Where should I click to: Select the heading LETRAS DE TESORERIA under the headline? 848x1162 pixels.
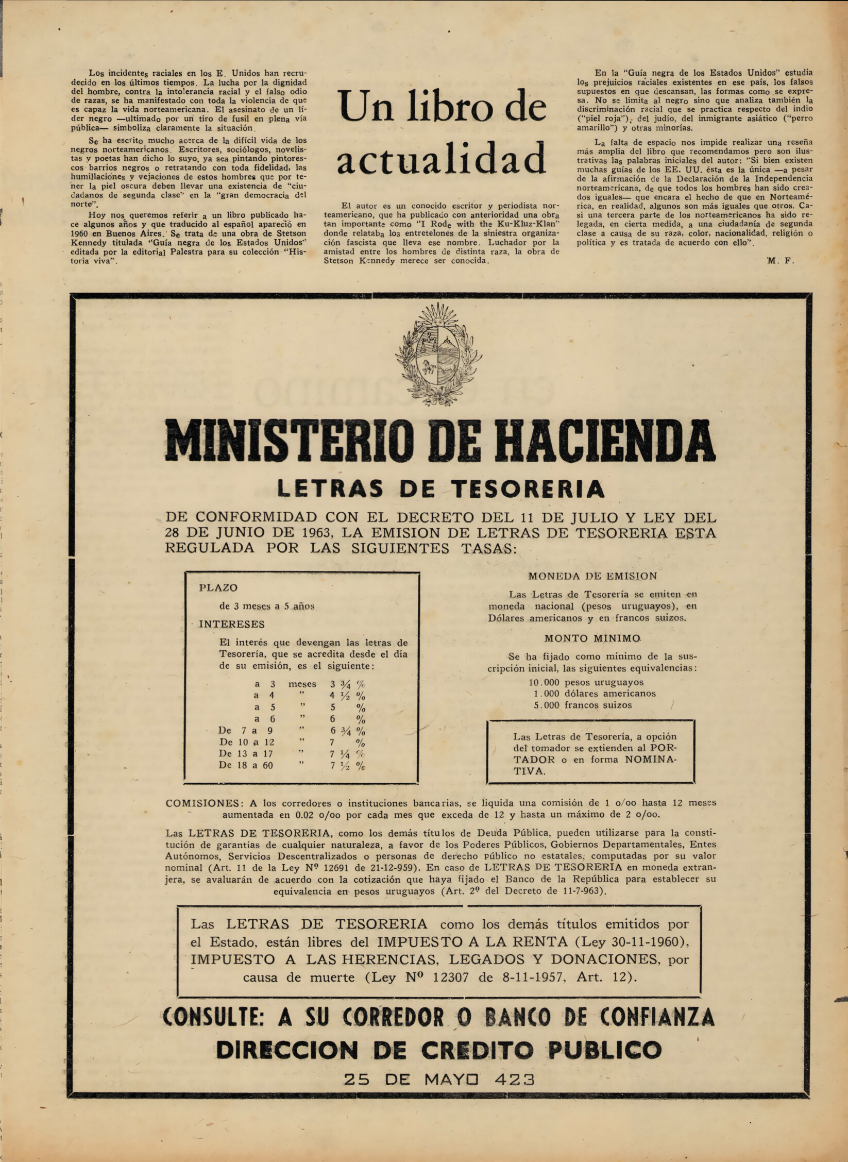(440, 487)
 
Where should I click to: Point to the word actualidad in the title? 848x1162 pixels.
(441, 157)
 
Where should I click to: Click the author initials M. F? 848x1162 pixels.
(780, 261)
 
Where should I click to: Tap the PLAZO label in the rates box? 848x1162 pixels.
(218, 587)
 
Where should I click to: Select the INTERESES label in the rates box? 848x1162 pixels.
(231, 624)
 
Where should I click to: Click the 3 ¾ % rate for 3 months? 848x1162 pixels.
(348, 684)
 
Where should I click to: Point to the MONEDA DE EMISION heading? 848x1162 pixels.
(592, 576)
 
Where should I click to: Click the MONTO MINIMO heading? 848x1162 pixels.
(592, 638)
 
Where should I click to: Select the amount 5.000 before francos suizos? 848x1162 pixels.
(546, 705)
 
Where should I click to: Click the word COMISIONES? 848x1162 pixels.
(202, 803)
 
